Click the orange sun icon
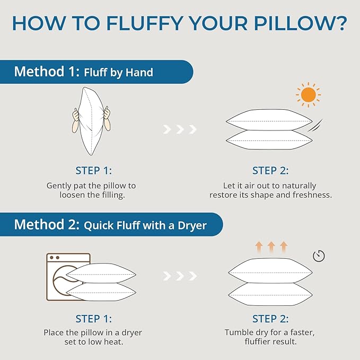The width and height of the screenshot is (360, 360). click(307, 95)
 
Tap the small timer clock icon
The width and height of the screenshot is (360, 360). click(319, 256)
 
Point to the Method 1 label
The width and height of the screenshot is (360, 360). click(45, 72)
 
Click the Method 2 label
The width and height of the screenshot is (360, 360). click(46, 224)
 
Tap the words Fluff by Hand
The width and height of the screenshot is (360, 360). click(118, 72)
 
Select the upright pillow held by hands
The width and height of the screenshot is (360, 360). click(91, 121)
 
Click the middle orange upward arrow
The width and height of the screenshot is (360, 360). click(270, 246)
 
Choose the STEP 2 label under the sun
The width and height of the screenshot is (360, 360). click(270, 170)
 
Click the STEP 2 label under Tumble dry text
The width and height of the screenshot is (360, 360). click(270, 319)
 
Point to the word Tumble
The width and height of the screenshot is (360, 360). click(240, 332)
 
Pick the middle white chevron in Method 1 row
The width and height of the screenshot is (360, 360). click(180, 129)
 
